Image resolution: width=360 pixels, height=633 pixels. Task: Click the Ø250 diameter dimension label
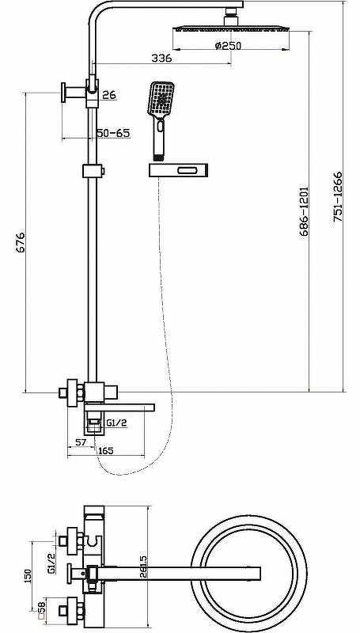(x=228, y=46)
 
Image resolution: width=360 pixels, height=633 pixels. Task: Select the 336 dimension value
(x=161, y=58)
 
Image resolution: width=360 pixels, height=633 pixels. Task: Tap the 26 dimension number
(x=109, y=95)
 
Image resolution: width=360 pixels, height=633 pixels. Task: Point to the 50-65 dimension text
(x=114, y=133)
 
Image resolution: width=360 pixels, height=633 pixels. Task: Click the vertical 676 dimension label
(x=21, y=242)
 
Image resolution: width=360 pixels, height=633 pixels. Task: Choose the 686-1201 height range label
(x=304, y=211)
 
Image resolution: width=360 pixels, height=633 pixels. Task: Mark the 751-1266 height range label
(x=338, y=196)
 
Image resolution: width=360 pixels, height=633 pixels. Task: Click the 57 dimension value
(x=81, y=442)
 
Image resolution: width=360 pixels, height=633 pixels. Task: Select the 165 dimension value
(x=105, y=450)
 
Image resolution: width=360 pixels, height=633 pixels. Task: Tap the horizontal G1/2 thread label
(x=117, y=423)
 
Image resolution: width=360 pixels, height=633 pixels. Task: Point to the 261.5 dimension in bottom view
(x=142, y=568)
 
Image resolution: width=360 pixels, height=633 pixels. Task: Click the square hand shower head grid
(x=161, y=98)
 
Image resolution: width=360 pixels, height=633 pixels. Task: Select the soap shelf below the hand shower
(x=178, y=170)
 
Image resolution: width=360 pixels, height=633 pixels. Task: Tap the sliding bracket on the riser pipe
(x=93, y=171)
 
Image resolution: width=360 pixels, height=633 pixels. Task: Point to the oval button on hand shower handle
(x=161, y=127)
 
